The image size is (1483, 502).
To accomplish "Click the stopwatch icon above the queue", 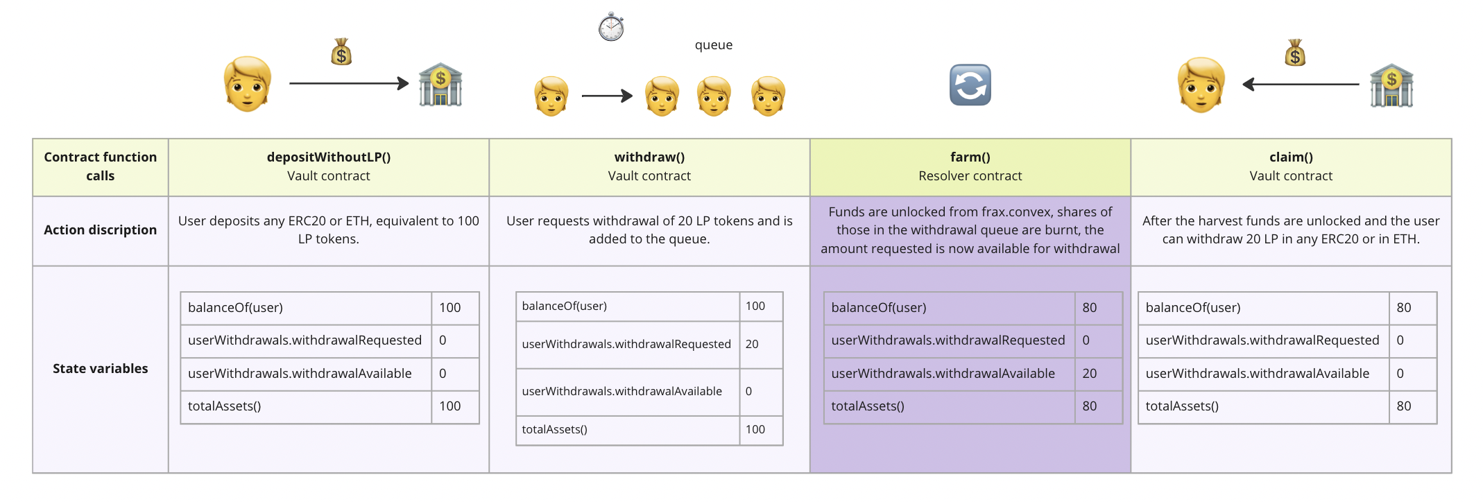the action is tap(611, 27).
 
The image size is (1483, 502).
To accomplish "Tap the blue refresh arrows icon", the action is tap(970, 85).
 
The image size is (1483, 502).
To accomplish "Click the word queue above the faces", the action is tap(714, 45).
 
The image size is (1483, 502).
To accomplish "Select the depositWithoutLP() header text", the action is tap(329, 157).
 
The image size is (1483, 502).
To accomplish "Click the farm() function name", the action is tap(970, 157).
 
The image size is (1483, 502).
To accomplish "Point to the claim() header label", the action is tap(1291, 157).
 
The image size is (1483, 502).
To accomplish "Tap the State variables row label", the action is tap(101, 369).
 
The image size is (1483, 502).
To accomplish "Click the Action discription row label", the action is tap(101, 230).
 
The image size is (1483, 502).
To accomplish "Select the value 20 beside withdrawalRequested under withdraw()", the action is tap(752, 344).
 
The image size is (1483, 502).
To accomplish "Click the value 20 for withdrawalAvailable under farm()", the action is tap(1090, 374).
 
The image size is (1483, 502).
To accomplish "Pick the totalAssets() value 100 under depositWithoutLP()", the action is tap(450, 406).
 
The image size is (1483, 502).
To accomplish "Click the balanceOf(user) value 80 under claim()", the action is tap(1404, 308).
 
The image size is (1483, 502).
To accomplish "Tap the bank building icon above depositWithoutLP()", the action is tap(440, 85).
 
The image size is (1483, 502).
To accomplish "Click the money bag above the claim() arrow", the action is tap(1295, 53).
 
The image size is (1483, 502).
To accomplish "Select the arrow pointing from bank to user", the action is tap(1301, 85).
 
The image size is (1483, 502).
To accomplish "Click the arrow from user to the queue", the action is tap(607, 96).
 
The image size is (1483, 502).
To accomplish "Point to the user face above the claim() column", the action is tap(1201, 85).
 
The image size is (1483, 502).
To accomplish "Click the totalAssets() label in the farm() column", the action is tap(868, 406).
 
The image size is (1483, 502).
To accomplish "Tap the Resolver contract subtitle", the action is tap(970, 176).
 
